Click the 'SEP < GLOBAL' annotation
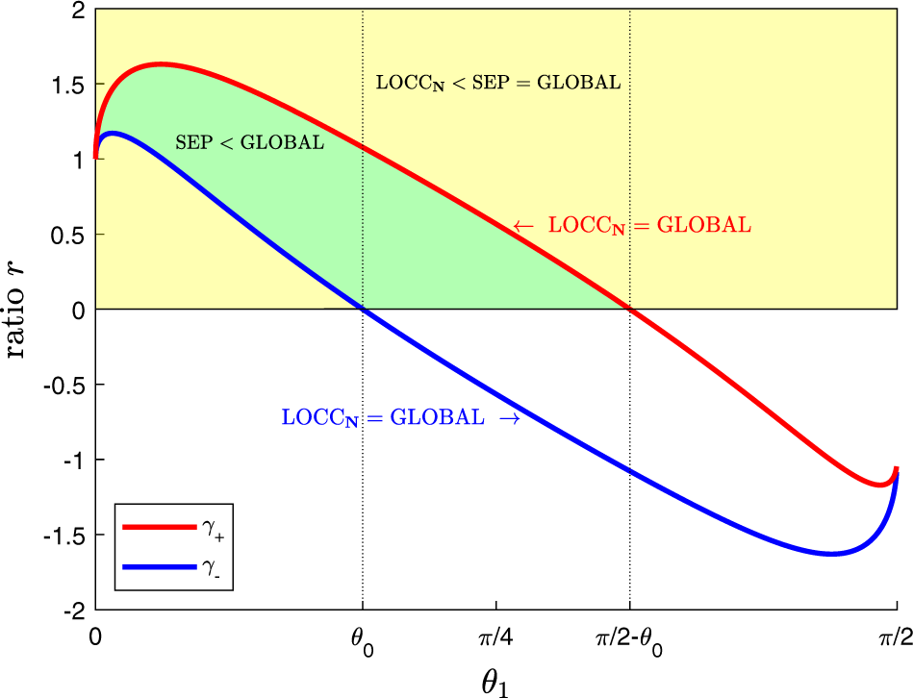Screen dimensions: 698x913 click(249, 143)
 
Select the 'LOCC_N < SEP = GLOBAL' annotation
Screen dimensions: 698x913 click(497, 83)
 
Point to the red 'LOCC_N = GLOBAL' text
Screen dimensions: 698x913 click(649, 226)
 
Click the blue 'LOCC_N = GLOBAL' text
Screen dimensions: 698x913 click(383, 418)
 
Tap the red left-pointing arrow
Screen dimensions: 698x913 click(522, 226)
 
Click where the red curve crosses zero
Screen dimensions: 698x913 click(629, 309)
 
